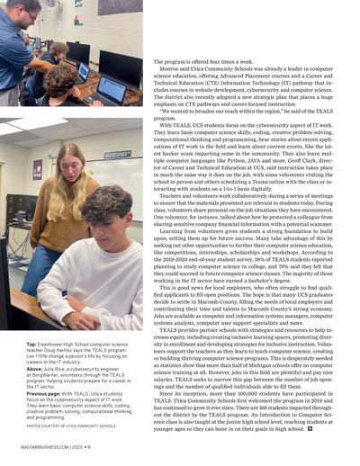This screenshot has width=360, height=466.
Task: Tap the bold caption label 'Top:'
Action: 32,343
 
